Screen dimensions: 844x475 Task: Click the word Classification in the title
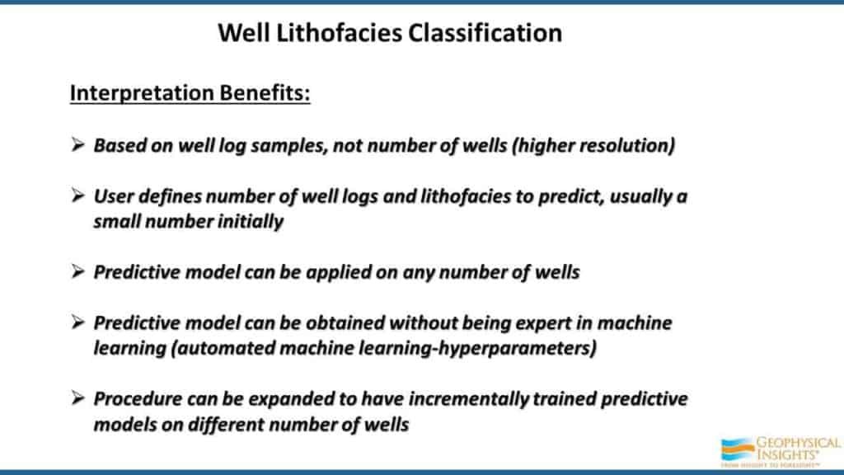tap(485, 33)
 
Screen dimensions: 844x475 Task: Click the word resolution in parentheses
tap(626, 145)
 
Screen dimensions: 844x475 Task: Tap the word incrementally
tap(469, 399)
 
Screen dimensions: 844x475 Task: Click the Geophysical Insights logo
tap(780, 451)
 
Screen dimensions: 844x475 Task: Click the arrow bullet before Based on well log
tap(78, 144)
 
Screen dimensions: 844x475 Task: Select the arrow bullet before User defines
tap(78, 195)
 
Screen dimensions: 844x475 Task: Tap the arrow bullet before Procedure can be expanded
tap(78, 398)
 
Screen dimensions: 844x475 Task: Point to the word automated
tap(226, 349)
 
